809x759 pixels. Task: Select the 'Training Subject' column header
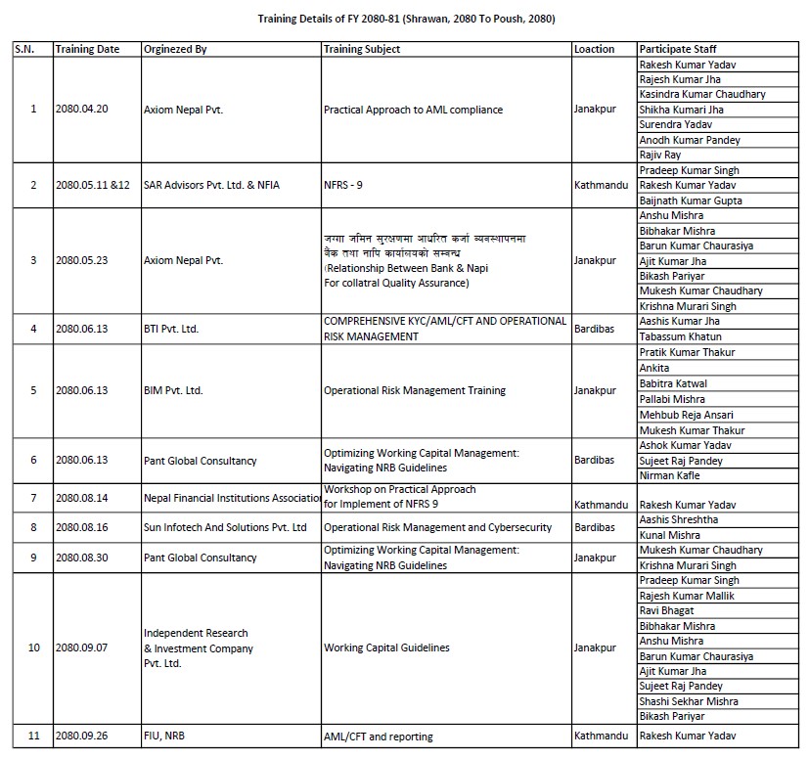click(x=362, y=49)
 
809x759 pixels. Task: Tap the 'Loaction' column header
click(x=595, y=49)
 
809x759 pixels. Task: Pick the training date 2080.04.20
click(x=82, y=110)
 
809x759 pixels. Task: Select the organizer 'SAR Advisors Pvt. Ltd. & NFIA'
click(x=211, y=185)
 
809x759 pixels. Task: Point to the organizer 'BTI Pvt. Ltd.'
click(x=171, y=329)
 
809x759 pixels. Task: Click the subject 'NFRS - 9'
click(x=345, y=185)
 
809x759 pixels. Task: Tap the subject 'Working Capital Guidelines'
click(x=386, y=647)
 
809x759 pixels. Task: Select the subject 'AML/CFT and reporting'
click(x=378, y=737)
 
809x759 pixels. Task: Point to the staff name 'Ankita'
click(x=654, y=368)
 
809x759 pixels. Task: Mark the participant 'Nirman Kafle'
click(x=670, y=475)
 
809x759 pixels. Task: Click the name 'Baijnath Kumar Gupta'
click(x=690, y=201)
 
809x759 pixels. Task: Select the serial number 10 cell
click(x=33, y=647)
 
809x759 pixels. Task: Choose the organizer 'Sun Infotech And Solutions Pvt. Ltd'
click(x=225, y=527)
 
